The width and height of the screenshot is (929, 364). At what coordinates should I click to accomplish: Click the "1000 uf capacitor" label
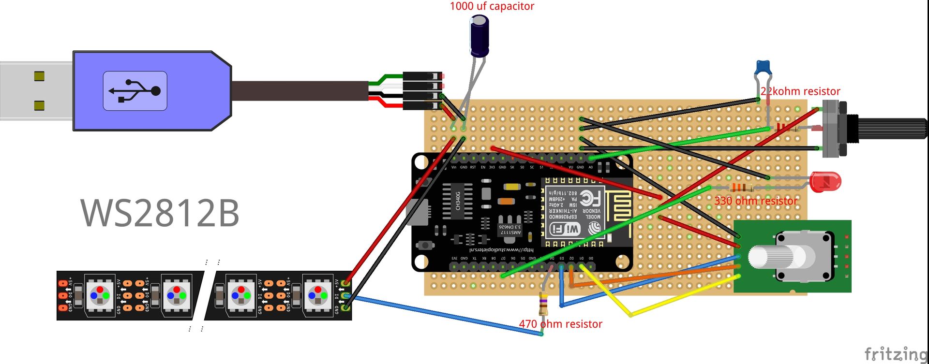492,6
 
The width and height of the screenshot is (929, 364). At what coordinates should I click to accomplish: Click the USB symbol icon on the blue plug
135,91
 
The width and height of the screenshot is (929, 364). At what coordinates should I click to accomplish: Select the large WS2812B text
160,213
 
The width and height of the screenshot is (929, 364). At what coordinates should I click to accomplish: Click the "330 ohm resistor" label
756,201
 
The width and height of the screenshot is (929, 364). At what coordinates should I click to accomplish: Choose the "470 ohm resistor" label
560,324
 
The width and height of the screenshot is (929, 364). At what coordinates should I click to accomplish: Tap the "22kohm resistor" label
800,91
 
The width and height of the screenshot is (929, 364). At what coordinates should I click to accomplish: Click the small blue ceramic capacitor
763,66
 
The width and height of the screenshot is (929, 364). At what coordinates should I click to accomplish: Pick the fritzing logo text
896,353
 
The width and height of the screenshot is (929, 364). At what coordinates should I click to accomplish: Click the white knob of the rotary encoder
769,257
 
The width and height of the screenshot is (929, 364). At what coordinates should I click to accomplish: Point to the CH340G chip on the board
458,201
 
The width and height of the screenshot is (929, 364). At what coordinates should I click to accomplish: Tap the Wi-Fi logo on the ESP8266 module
565,228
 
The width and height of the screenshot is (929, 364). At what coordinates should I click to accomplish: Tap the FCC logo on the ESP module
587,198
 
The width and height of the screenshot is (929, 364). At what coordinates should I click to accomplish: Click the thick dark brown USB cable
300,91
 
